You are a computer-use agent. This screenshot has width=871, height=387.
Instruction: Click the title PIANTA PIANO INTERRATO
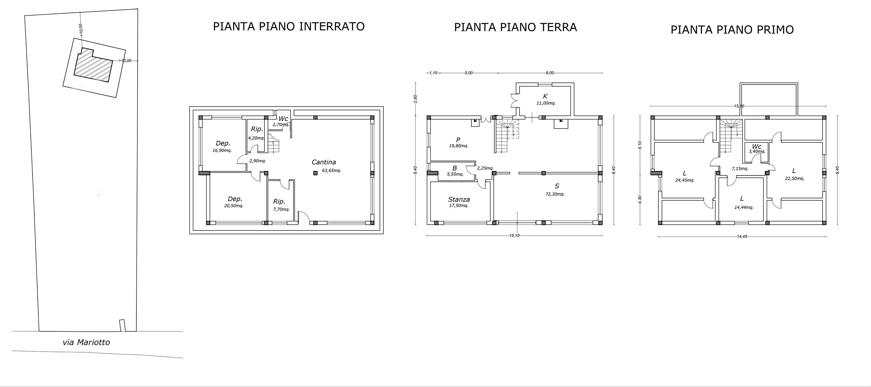pos(289,26)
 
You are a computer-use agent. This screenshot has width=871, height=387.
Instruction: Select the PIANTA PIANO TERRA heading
pos(515,27)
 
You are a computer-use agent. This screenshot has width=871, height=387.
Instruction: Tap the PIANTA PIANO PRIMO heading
pos(732,30)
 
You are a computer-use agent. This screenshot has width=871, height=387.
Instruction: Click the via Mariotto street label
pos(86,342)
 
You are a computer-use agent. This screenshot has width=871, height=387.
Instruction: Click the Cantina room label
pos(324,162)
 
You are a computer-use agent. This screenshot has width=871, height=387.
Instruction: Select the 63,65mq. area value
pos(331,170)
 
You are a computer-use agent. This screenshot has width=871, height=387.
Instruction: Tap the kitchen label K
pos(545,97)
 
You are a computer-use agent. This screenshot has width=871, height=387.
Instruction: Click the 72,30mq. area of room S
pos(555,194)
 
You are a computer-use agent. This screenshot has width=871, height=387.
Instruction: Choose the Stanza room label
pos(459,199)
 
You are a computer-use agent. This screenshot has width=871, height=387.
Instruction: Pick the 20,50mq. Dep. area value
pos(234,206)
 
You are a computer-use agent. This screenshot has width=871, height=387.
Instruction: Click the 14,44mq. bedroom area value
pos(744,208)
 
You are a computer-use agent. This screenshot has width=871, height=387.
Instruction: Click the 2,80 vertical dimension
pos(416,99)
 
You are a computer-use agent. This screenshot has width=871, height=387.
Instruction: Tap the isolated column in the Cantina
pos(315,173)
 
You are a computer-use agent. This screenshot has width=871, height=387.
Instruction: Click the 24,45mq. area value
pos(685,180)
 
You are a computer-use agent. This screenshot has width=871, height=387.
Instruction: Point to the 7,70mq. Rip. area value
pos(281,209)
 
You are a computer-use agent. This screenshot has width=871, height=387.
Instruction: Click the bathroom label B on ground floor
pos(455,168)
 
